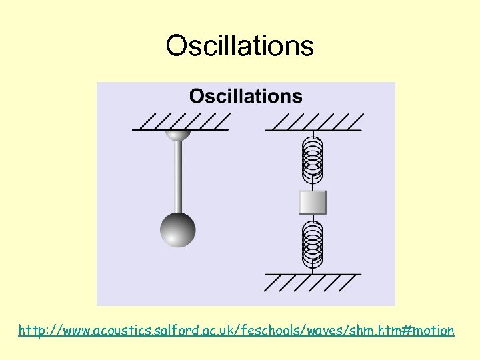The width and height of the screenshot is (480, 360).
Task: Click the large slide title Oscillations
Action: [x=239, y=46]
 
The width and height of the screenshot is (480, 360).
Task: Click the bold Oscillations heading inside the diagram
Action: [x=245, y=97]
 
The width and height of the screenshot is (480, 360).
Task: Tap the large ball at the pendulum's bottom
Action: [x=178, y=230]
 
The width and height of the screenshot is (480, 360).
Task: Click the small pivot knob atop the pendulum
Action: [x=178, y=135]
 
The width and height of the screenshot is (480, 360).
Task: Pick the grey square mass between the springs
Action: [x=313, y=202]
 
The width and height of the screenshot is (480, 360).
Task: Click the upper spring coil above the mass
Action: [x=313, y=160]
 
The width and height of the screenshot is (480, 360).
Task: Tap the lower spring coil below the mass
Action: [x=313, y=241]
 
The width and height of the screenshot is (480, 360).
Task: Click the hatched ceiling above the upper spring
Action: [x=314, y=123]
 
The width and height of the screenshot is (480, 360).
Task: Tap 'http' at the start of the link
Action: [x=31, y=330]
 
